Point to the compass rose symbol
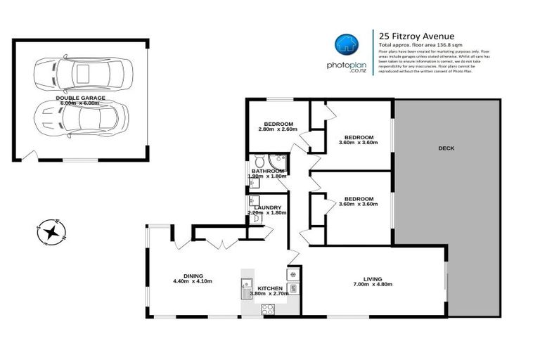[51, 231]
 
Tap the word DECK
[446, 148]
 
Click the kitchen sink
[247, 285]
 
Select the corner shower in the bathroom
[281, 157]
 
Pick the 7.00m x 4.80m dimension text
[372, 284]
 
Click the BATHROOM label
[268, 171]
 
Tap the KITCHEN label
[270, 288]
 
